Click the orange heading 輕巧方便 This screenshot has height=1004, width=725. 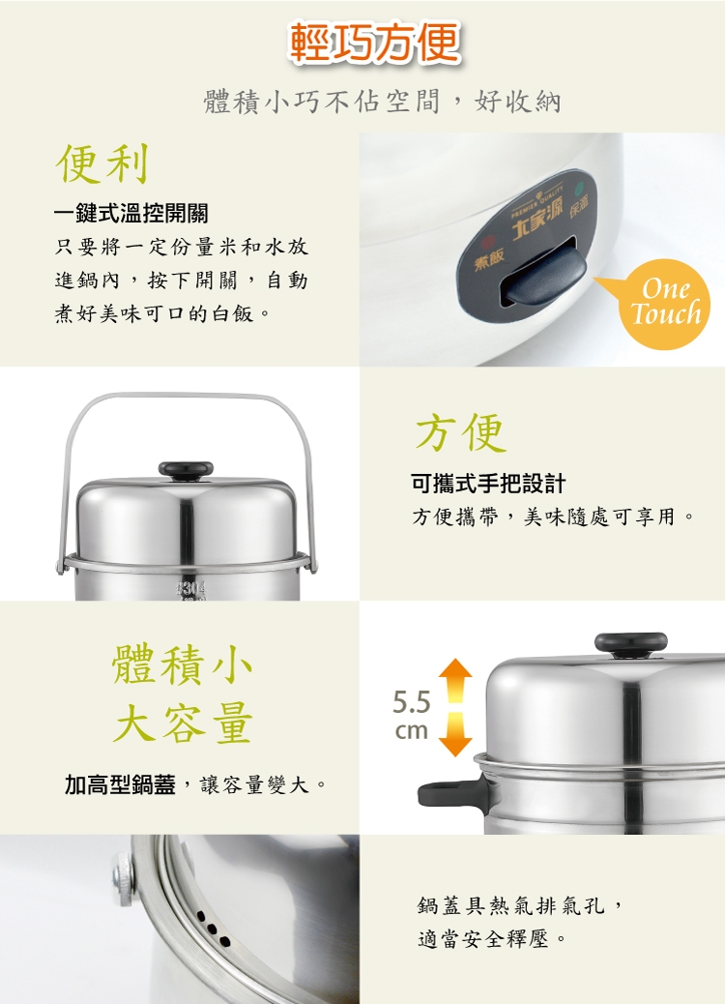375,43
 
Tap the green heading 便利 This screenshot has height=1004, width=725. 103,163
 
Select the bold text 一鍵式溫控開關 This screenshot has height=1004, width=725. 131,213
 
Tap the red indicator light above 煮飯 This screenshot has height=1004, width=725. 489,244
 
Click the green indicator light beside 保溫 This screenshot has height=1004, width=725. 580,189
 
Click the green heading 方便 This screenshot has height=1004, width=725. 461,432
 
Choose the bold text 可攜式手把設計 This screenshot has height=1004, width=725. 488,484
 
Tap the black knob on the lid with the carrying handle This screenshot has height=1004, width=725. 186,470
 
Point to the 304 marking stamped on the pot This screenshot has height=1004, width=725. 190,588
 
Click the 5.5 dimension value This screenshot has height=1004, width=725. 412,702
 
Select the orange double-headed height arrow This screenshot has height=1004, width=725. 455,707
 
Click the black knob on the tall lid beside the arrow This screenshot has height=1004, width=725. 631,644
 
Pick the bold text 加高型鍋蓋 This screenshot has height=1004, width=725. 120,784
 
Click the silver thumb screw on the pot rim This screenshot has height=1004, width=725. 124,878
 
